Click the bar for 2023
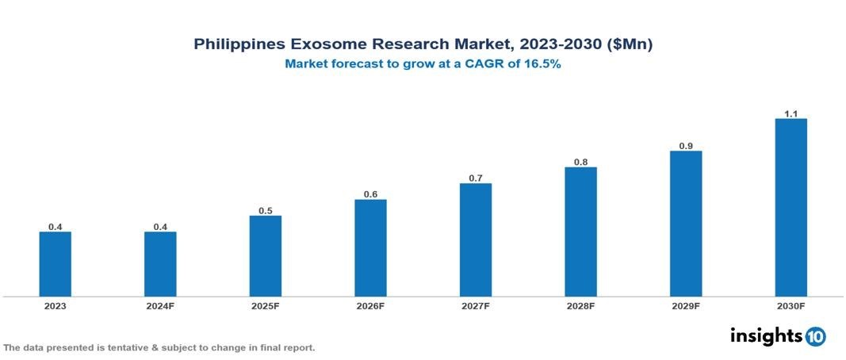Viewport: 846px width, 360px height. [x=56, y=264]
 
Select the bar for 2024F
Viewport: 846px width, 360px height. [x=160, y=264]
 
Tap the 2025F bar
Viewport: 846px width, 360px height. [x=266, y=256]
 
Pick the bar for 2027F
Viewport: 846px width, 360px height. [x=476, y=240]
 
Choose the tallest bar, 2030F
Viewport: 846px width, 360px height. [x=790, y=208]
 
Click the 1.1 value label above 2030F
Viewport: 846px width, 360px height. [x=790, y=114]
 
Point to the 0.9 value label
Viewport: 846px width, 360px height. [x=686, y=146]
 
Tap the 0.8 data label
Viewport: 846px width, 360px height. [x=581, y=163]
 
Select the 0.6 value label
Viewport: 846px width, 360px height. [x=370, y=194]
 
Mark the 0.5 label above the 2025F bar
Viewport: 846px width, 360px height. [x=266, y=211]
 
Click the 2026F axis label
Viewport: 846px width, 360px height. [x=370, y=306]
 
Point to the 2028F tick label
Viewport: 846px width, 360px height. [x=581, y=306]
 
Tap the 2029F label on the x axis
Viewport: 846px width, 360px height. [x=686, y=306]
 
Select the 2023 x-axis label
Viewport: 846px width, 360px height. [x=56, y=306]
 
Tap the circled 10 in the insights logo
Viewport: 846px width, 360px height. [x=816, y=337]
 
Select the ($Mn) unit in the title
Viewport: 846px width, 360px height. [x=629, y=45]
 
